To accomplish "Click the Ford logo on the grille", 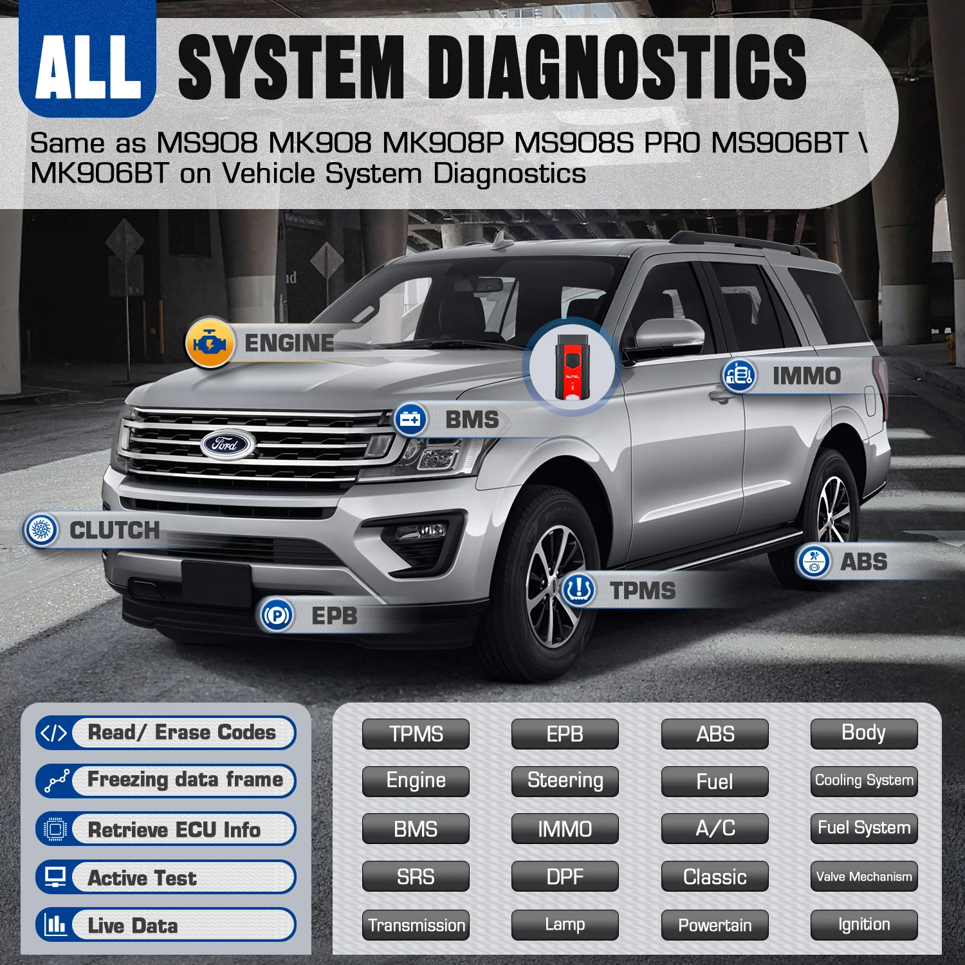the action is click(x=228, y=444).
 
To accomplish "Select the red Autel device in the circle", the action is click(x=571, y=367).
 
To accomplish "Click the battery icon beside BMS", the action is click(x=410, y=420).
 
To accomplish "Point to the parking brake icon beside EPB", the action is click(x=277, y=616).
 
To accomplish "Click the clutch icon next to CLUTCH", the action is click(x=41, y=530).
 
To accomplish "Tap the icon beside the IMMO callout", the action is click(x=739, y=376).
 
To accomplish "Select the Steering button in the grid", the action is click(x=565, y=781).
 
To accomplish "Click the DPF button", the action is click(x=565, y=876).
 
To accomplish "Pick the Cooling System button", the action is click(x=864, y=781).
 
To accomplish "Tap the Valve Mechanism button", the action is click(x=864, y=876).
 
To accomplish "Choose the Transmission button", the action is click(x=416, y=925).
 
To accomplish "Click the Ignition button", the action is click(x=864, y=925).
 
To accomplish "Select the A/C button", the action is click(x=715, y=829).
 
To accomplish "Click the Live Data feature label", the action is click(x=133, y=926).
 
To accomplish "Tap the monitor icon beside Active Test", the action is click(x=55, y=877).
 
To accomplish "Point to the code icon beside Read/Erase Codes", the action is click(x=53, y=733).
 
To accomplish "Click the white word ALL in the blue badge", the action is click(x=88, y=67).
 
